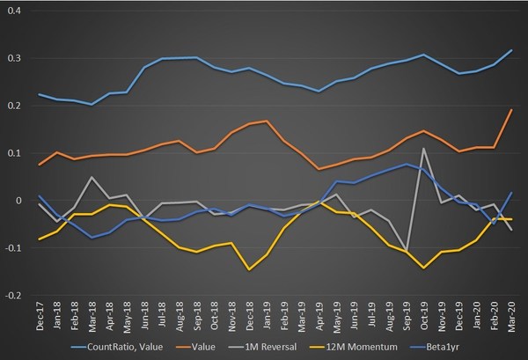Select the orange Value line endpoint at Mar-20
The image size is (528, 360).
510,109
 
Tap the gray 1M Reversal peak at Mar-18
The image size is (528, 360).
92,177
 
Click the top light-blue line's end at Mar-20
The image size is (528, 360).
510,50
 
